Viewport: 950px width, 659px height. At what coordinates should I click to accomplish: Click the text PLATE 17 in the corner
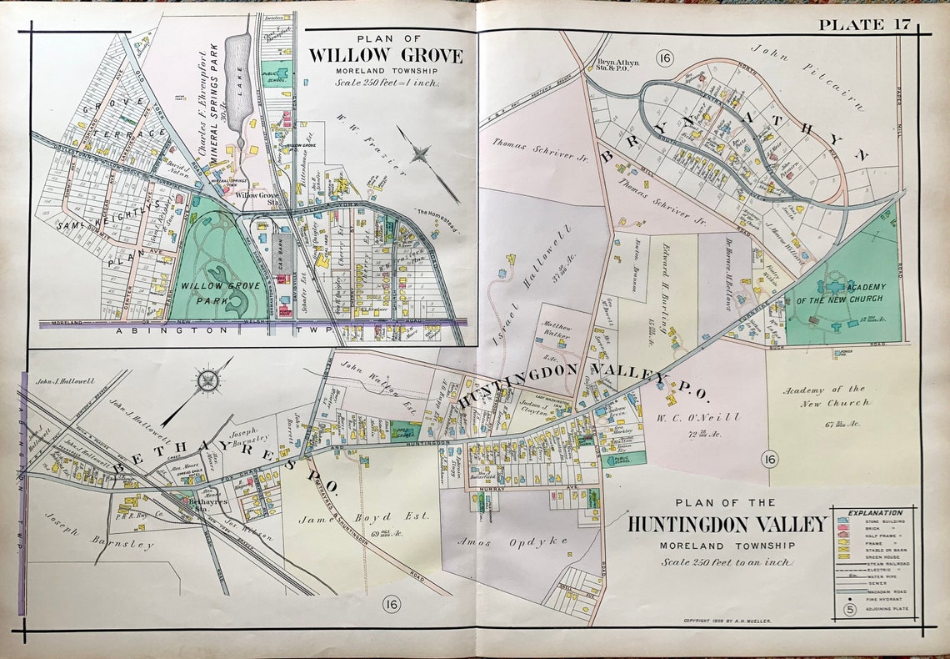(864, 24)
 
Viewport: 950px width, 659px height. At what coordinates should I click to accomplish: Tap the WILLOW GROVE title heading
(386, 56)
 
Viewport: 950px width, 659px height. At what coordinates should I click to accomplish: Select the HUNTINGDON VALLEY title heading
(727, 524)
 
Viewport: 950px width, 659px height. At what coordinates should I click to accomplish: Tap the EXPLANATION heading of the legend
(874, 512)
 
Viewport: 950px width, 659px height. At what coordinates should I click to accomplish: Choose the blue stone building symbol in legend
(844, 520)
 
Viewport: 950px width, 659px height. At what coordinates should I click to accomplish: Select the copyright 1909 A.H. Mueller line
(727, 621)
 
